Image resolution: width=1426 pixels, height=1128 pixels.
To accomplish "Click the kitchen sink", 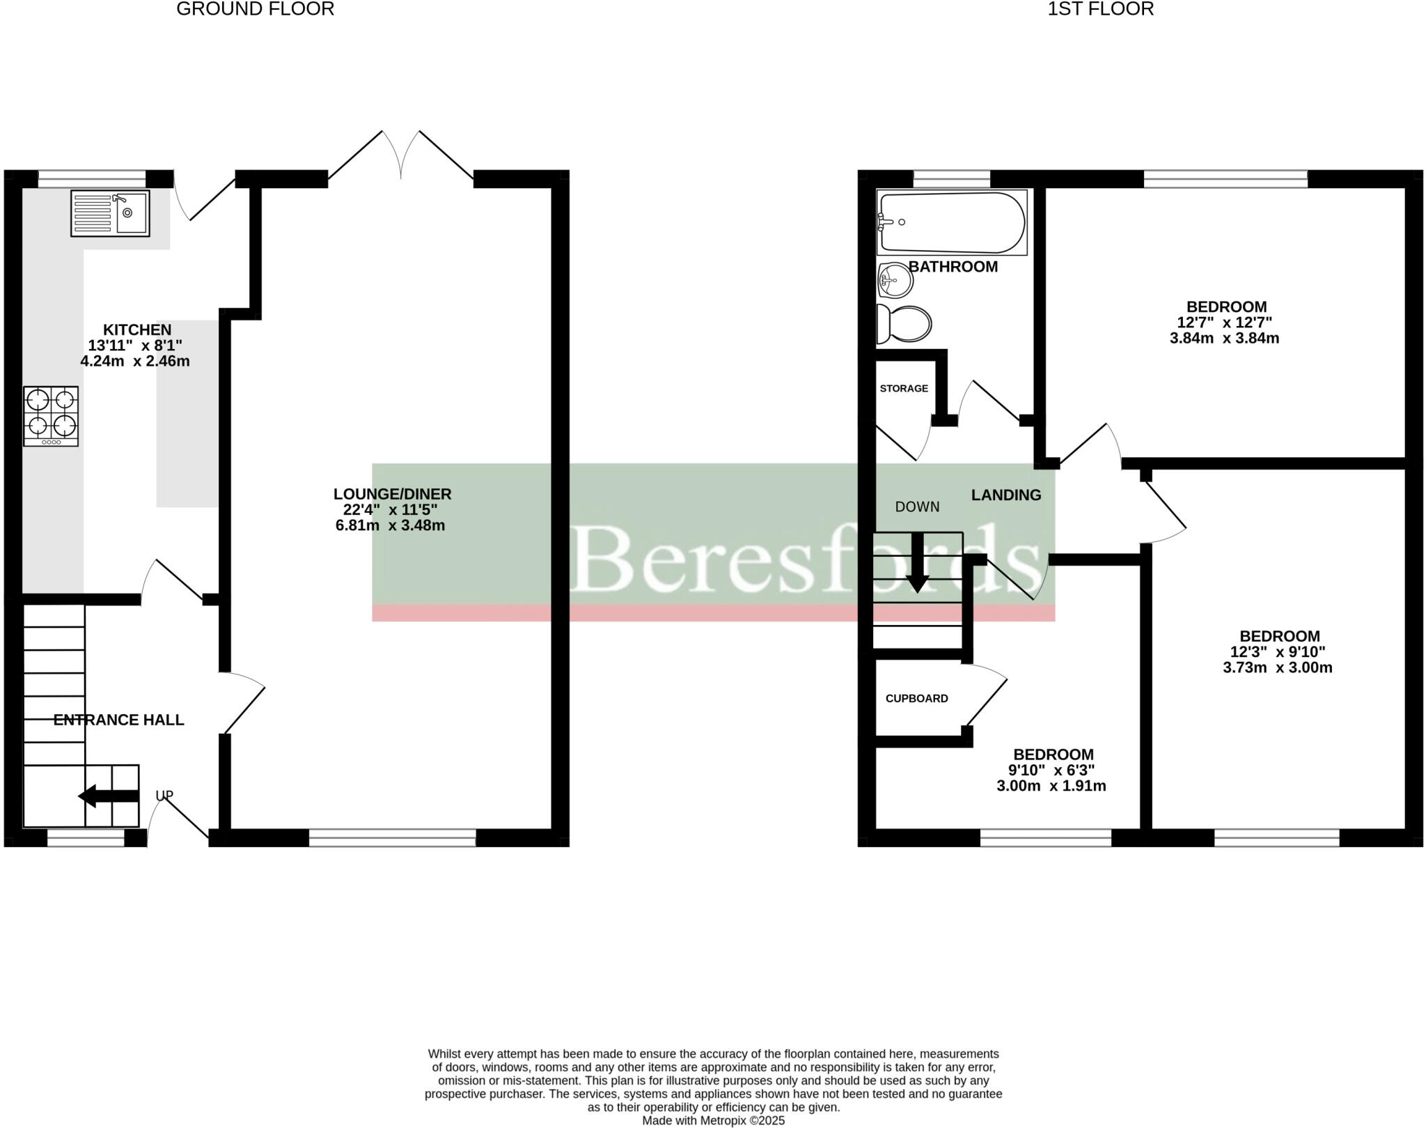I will [x=110, y=213].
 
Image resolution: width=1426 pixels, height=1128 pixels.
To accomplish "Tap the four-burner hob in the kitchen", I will [x=51, y=416].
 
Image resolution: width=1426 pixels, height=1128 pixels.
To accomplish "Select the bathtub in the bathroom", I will [x=951, y=222].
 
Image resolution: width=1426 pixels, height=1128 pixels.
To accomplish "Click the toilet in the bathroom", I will [x=904, y=324].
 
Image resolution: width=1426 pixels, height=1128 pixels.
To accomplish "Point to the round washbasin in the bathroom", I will [x=895, y=281].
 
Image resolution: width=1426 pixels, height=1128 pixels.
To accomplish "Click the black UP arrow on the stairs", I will [x=108, y=796].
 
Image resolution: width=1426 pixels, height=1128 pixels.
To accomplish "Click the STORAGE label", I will [x=904, y=389].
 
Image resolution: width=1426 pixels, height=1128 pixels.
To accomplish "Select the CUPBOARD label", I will [x=916, y=699].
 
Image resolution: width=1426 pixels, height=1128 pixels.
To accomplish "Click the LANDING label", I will [x=1006, y=495].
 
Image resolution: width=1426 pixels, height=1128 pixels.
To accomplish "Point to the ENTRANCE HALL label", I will [x=119, y=720].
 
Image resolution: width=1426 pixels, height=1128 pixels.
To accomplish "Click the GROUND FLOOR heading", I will [x=256, y=9].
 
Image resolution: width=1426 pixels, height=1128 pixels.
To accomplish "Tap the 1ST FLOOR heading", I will [x=1101, y=9].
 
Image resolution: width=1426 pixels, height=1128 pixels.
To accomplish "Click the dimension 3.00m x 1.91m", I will [x=1051, y=787].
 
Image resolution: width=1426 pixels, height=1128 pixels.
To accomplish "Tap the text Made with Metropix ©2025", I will [x=713, y=1120].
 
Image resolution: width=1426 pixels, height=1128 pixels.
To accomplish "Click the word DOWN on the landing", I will [x=917, y=507].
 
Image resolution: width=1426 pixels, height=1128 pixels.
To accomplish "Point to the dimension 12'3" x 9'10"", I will [x=1278, y=652].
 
